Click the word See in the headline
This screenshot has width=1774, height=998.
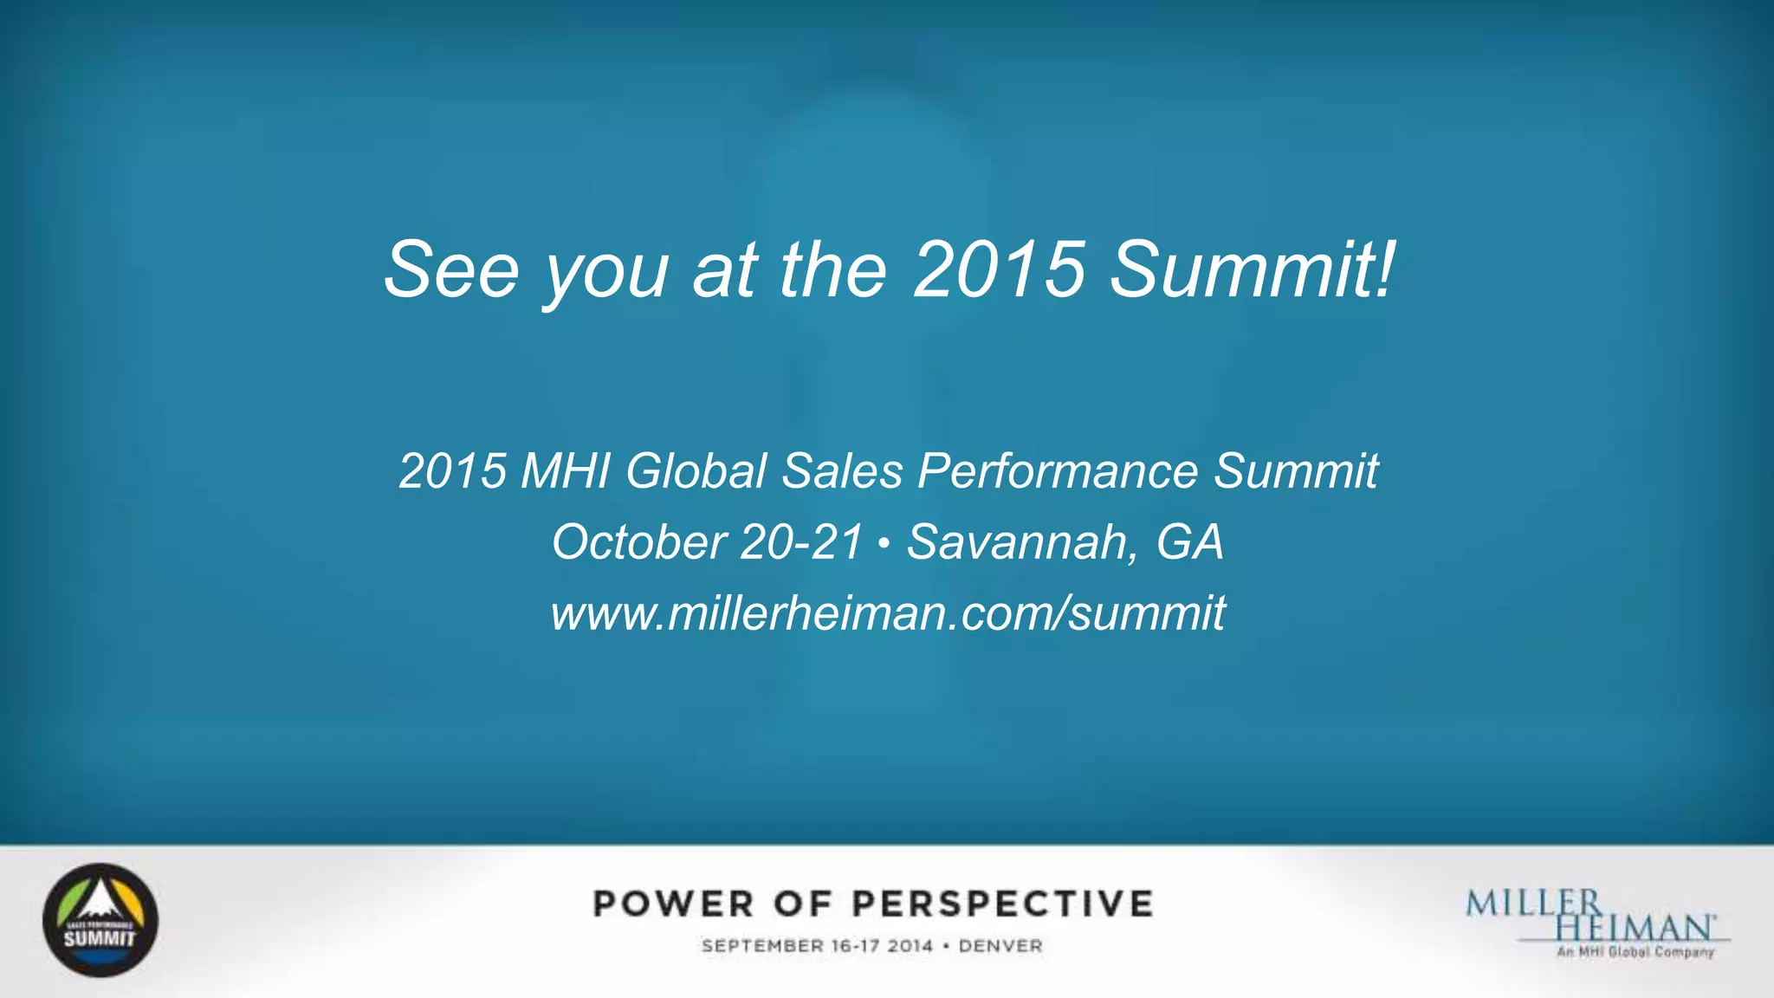click(x=451, y=269)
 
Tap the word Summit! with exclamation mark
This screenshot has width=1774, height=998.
click(x=1253, y=269)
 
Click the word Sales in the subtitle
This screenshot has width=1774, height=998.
click(x=842, y=471)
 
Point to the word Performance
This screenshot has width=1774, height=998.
click(x=1058, y=471)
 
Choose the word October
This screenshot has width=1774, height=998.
click(x=639, y=542)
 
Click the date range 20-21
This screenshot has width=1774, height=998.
click(x=802, y=542)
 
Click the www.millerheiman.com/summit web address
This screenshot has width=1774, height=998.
click(x=888, y=613)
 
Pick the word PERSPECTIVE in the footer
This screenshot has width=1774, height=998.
click(x=1002, y=904)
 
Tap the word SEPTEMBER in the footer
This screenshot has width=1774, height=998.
click(x=762, y=946)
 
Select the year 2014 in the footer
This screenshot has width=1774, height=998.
click(x=910, y=946)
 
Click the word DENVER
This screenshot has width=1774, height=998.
click(x=1000, y=946)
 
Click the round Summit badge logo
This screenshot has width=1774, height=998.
click(x=100, y=920)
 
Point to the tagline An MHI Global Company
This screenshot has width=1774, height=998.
click(x=1635, y=952)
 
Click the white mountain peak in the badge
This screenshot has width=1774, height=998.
click(x=100, y=901)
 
